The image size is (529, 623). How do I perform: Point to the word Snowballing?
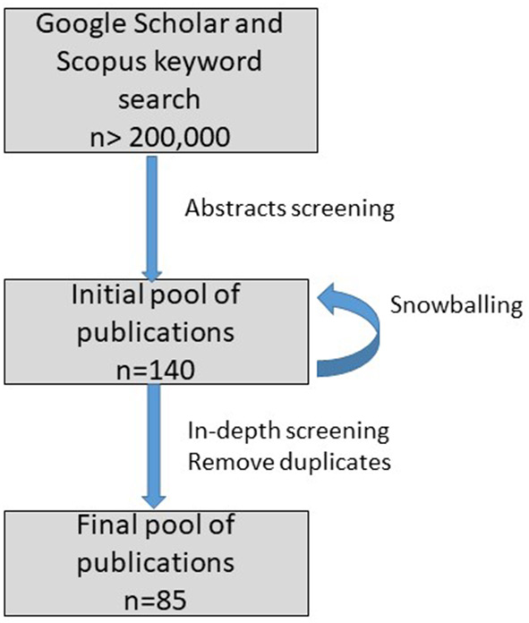tap(456, 305)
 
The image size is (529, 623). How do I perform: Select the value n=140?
tap(153, 364)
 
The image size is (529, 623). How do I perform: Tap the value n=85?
tap(153, 596)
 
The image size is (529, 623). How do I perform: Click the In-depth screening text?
tap(288, 431)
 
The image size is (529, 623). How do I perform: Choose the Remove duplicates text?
tap(290, 462)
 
